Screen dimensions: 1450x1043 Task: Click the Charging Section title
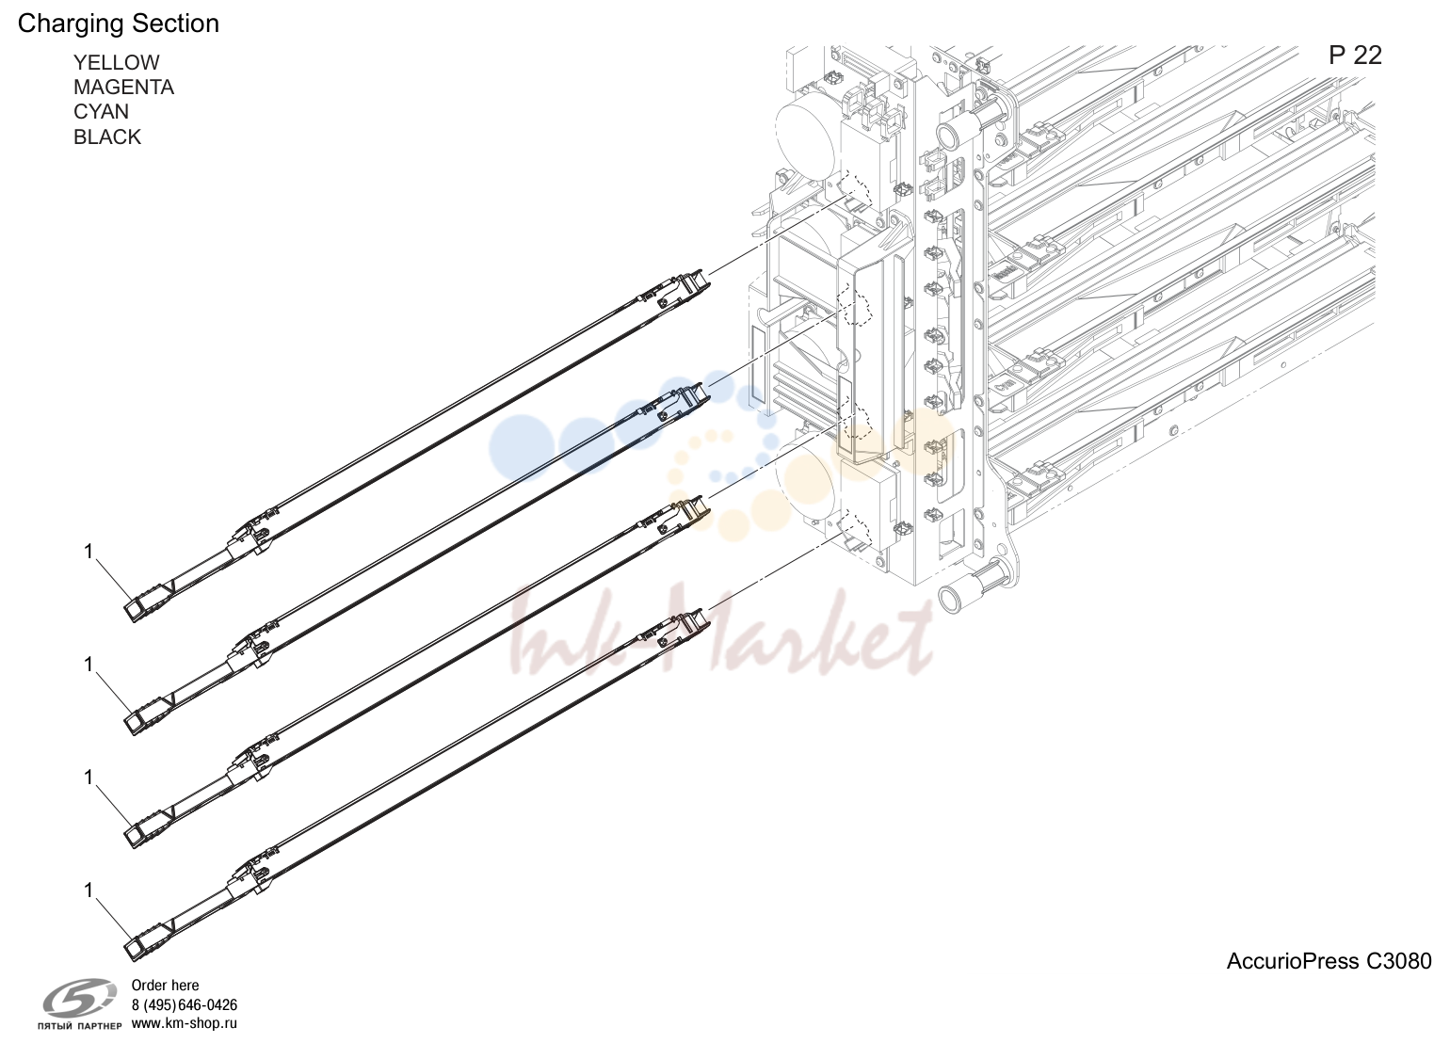tap(119, 24)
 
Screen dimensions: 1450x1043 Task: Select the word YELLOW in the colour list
tap(117, 63)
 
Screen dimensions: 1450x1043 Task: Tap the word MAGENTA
tap(123, 88)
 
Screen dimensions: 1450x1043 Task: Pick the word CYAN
tap(101, 112)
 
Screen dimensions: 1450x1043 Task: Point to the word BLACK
tap(107, 137)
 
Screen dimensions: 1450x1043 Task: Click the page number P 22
tap(1355, 56)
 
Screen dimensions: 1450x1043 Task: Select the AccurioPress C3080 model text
tap(1329, 961)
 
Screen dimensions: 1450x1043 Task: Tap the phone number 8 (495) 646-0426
tap(185, 1004)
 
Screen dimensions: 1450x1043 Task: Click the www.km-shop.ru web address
tap(185, 1023)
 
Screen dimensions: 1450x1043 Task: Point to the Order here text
tap(165, 986)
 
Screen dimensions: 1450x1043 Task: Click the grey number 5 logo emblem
tap(80, 998)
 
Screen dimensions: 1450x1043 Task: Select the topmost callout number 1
tap(89, 552)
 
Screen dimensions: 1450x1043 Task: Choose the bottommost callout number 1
tap(89, 891)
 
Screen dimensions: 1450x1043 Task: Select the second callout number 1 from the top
tap(89, 665)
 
